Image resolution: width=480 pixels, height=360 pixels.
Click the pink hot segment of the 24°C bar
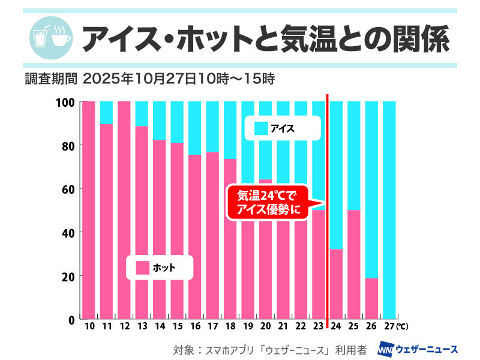click(336, 284)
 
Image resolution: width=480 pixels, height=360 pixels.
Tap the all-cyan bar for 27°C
click(389, 210)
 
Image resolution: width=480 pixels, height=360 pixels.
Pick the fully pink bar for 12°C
click(124, 210)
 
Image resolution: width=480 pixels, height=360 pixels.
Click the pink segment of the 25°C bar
click(353, 264)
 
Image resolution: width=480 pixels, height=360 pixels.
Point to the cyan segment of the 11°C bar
click(106, 112)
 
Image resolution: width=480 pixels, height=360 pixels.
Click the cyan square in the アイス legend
click(261, 128)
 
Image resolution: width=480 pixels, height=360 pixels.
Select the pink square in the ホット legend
click(142, 268)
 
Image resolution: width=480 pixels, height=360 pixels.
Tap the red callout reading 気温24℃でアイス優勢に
click(267, 202)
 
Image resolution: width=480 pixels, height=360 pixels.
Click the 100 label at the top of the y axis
click(65, 103)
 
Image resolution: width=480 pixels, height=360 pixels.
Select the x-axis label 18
click(230, 327)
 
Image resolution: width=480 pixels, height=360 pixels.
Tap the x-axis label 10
click(89, 327)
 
